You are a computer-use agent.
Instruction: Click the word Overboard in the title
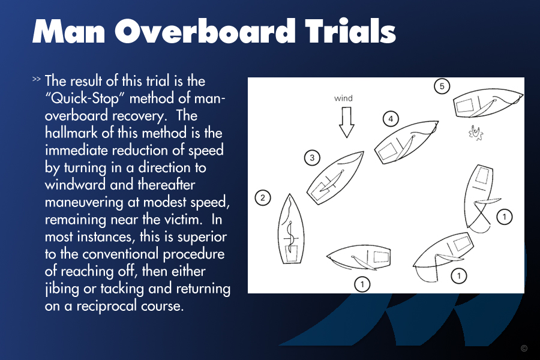pos(205,31)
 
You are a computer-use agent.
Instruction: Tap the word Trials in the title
pos(350,31)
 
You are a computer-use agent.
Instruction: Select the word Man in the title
pos(68,31)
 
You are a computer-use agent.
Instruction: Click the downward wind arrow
pos(346,122)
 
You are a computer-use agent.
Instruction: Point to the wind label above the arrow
pos(343,98)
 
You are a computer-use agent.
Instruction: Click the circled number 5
pos(442,86)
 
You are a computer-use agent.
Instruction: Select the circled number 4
pos(391,119)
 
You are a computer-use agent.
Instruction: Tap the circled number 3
pos(312,158)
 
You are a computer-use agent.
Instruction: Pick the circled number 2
pos(263,198)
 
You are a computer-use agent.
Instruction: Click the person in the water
pos(476,133)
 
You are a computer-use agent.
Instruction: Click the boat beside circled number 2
pos(291,229)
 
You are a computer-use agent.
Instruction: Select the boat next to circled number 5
pos(488,103)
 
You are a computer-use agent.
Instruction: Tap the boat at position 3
pos(335,178)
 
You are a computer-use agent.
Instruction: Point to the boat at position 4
pos(406,142)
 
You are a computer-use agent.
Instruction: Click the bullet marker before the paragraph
pos(36,79)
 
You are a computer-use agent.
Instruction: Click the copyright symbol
pos(524,348)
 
